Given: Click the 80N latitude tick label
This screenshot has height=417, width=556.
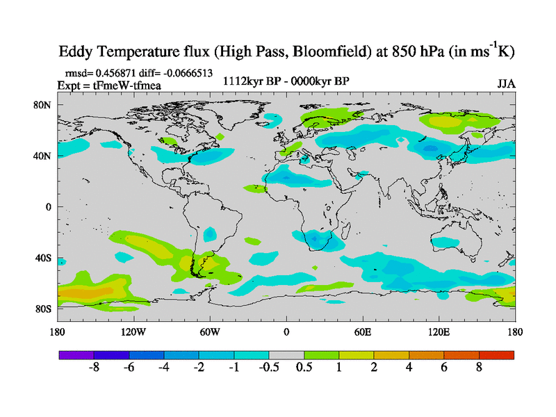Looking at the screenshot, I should tap(43, 105).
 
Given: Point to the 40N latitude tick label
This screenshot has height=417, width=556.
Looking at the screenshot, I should tap(43, 156).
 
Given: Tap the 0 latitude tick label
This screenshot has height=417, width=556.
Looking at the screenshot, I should tap(49, 207).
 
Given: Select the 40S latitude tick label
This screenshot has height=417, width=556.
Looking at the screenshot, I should tap(43, 258).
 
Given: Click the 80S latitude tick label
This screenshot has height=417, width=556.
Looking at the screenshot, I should tap(43, 309).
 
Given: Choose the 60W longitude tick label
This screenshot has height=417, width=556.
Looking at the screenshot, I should tap(210, 332).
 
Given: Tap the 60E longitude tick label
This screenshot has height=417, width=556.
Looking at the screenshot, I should tap(363, 332).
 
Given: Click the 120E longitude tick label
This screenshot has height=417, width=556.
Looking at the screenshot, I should tap(439, 332).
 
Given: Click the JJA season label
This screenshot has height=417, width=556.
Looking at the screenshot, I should tap(506, 83).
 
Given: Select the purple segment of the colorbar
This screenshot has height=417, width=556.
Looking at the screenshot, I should tap(76, 354).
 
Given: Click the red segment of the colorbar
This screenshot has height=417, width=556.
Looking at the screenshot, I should tap(496, 354).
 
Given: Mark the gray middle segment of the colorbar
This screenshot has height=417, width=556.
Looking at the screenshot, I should tap(286, 354).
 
